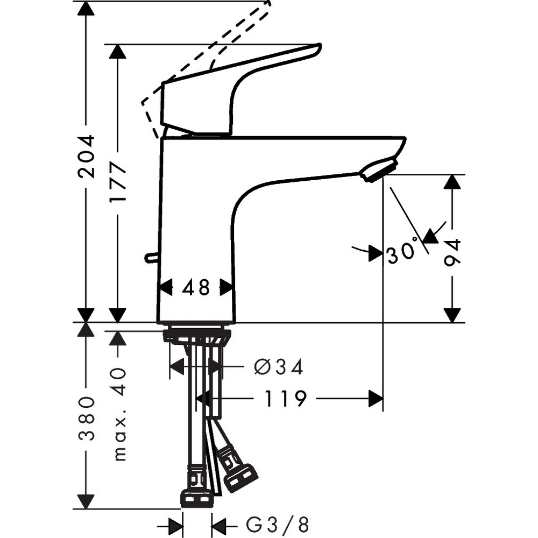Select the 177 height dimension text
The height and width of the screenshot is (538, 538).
click(x=117, y=183)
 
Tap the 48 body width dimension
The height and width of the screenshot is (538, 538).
click(x=196, y=288)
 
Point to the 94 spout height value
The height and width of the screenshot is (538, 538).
click(x=453, y=253)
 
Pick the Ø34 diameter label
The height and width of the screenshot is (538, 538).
click(x=278, y=367)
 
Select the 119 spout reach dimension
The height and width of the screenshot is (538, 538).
click(x=285, y=399)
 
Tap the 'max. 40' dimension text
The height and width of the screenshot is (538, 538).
click(x=119, y=414)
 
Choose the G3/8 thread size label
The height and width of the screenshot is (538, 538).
click(x=277, y=524)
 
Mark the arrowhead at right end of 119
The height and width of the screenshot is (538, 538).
click(x=375, y=399)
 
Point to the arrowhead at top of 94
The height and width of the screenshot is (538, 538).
click(x=453, y=181)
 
